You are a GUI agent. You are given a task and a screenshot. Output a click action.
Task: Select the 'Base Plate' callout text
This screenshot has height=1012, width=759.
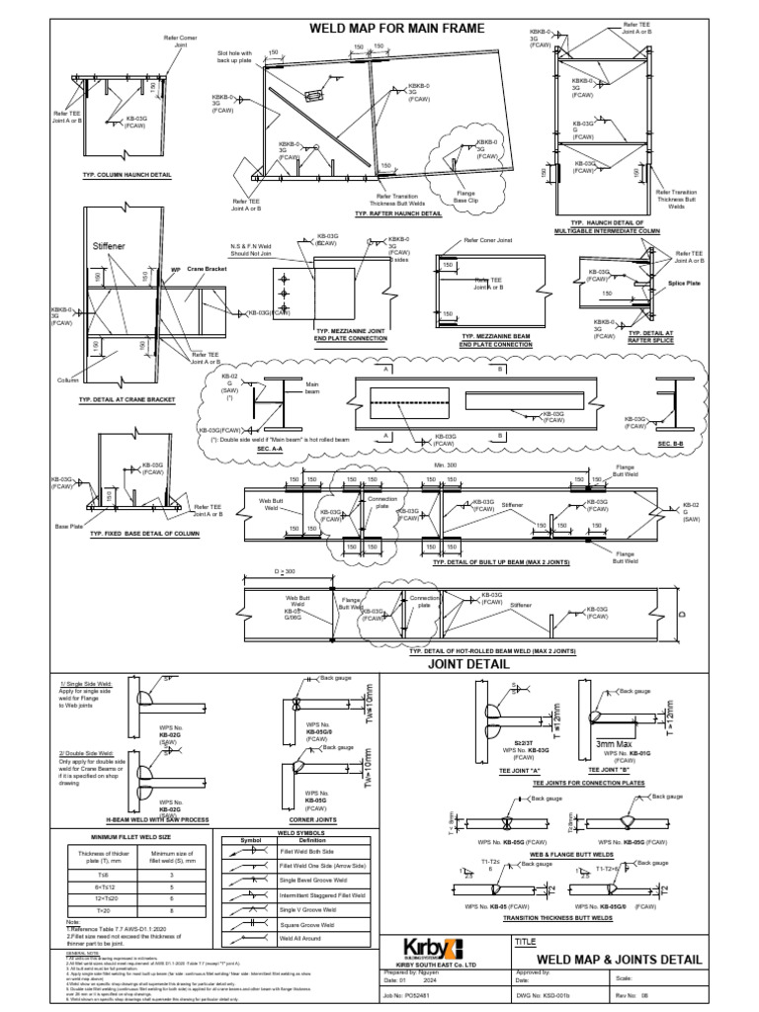[68, 526]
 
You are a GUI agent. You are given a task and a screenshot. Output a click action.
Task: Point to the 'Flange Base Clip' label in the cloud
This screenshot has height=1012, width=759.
[466, 197]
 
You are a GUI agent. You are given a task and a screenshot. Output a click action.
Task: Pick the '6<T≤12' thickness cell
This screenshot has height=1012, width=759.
[104, 887]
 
